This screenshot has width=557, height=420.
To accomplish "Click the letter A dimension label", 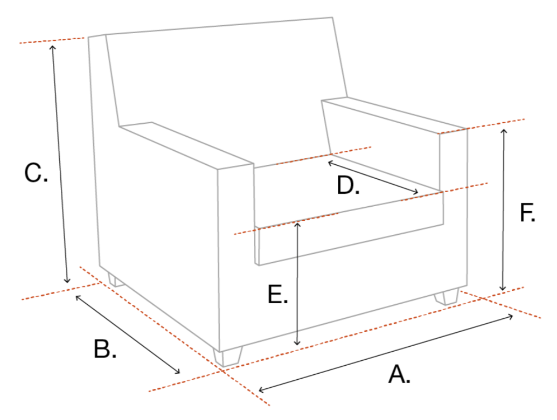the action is [399, 374].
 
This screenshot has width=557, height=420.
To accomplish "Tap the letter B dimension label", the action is [105, 349].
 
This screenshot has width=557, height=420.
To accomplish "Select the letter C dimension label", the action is [36, 173].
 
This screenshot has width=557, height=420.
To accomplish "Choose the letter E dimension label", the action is [278, 294].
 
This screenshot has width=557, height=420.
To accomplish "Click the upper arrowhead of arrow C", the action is [53, 48].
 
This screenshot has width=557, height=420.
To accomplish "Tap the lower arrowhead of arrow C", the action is [67, 281].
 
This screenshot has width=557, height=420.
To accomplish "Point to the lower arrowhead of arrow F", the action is [502, 288].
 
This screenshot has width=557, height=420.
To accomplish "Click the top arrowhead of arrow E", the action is [297, 224].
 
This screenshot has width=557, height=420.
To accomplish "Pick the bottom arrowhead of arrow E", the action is [297, 343].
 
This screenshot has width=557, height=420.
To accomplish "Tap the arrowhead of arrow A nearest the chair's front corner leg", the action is [261, 390].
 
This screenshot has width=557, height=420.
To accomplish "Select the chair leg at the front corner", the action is [228, 357].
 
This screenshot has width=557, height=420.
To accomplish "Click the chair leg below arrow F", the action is [446, 297].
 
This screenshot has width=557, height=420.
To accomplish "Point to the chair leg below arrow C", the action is [116, 280].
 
